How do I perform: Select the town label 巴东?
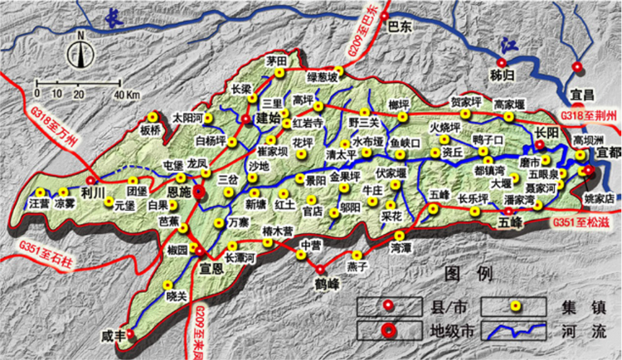[x=400, y=27]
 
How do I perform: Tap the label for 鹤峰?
[x=328, y=283]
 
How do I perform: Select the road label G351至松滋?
[x=584, y=221]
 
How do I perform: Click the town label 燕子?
[x=357, y=267]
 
